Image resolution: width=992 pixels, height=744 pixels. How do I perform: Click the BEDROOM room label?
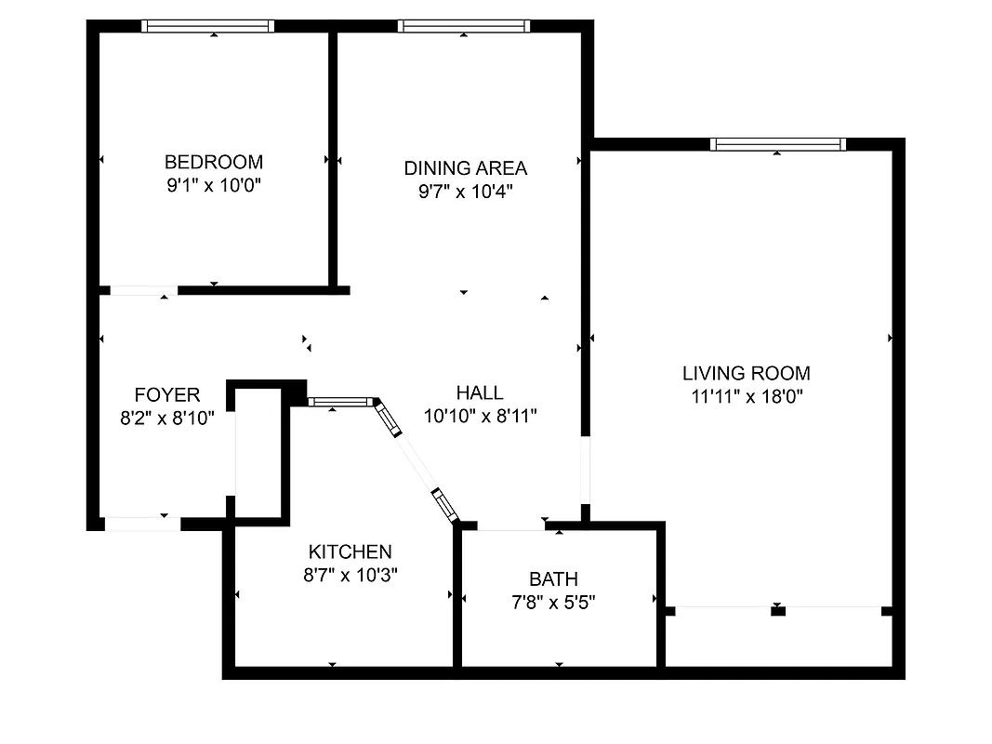click(x=213, y=161)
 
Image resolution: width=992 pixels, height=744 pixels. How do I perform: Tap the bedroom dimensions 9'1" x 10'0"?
click(x=213, y=185)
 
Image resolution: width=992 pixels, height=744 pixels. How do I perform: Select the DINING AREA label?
click(x=465, y=168)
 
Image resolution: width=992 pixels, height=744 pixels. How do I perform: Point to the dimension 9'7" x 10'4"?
click(x=465, y=193)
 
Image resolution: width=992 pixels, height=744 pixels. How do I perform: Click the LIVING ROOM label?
click(x=746, y=374)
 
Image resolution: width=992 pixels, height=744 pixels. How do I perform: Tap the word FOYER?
click(x=167, y=395)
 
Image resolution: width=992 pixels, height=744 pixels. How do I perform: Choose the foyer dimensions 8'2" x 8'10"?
click(x=167, y=418)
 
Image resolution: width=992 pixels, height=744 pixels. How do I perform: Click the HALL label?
click(x=479, y=392)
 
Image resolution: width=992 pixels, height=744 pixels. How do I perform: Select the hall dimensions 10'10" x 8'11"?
click(x=479, y=416)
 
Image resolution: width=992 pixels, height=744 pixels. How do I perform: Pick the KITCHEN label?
click(x=351, y=551)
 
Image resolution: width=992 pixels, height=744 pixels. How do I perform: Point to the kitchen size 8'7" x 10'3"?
click(x=351, y=576)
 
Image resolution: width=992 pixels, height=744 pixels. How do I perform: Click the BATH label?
click(x=552, y=578)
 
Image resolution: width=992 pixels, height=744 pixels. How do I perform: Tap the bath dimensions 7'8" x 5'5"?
click(x=552, y=603)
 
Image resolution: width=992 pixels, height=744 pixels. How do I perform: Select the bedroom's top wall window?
click(x=208, y=26)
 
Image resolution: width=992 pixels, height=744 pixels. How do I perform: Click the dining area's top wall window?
click(x=464, y=26)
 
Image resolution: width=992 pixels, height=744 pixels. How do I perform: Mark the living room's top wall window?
click(x=777, y=144)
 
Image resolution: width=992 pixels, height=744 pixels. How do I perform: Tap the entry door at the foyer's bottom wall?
click(x=141, y=525)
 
